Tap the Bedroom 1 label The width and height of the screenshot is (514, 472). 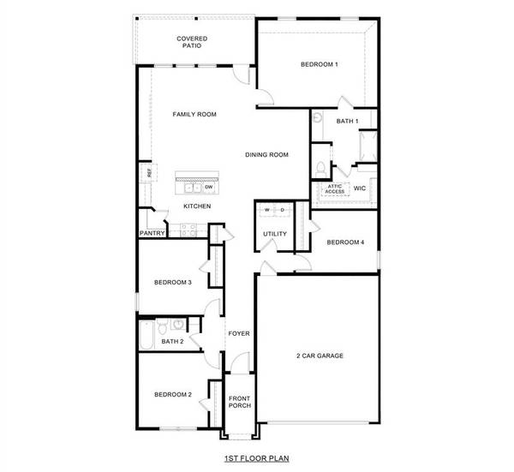(320, 65)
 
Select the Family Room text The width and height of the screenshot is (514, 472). (194, 114)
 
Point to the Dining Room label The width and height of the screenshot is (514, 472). (266, 155)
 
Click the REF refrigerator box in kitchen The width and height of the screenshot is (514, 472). (149, 173)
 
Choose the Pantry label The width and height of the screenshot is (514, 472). (152, 232)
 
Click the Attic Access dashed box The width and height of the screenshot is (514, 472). (334, 188)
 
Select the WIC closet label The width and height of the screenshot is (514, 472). (360, 187)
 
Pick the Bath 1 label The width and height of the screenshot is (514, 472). (346, 122)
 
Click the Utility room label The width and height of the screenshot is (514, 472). (274, 234)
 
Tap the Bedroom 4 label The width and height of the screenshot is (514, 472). (345, 242)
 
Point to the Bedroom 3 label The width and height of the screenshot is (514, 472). (172, 283)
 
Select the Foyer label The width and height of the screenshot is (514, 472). (238, 333)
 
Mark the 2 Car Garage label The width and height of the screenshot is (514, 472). (320, 355)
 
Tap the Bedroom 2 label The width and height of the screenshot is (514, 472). (172, 395)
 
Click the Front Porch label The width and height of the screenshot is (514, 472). (239, 402)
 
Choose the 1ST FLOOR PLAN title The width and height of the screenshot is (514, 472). (254, 459)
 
